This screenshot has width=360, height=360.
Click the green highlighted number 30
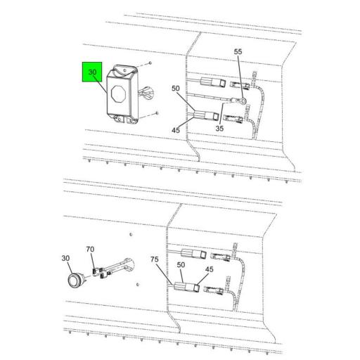tap(92, 73)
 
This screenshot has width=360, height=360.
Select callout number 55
tap(238, 53)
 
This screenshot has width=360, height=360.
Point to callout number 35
tap(220, 129)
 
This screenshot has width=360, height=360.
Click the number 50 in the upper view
tap(176, 88)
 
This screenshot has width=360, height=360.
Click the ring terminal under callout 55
tap(242, 101)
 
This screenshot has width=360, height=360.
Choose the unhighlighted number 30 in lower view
tap(65, 259)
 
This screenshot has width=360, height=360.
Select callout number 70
tap(90, 249)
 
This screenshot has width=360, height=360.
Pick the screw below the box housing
tap(157, 112)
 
